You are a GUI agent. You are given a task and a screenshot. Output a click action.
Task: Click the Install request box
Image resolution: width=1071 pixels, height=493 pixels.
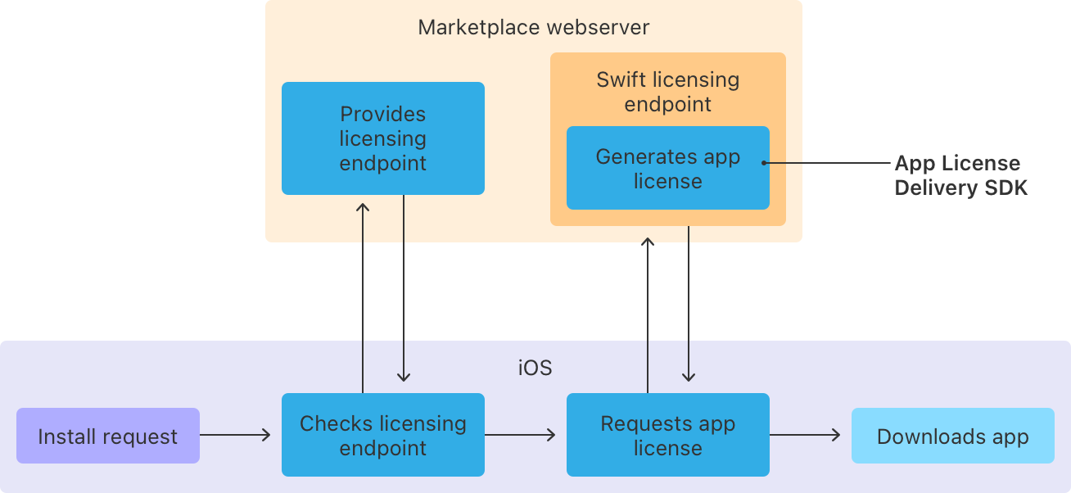(x=107, y=436)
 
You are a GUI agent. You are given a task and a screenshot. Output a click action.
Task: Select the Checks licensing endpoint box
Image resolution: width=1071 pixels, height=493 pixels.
(x=382, y=435)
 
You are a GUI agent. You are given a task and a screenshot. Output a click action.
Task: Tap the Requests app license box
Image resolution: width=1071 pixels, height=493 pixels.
(x=667, y=435)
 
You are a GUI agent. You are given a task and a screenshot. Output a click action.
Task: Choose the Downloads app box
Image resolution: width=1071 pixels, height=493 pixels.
(x=952, y=436)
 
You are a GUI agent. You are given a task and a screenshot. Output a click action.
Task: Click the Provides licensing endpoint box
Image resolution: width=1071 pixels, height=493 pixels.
(x=382, y=138)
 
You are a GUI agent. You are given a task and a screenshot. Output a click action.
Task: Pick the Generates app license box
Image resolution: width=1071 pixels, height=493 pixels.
(x=667, y=168)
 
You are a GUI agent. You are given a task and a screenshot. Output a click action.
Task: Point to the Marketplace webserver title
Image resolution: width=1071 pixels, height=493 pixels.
(x=533, y=27)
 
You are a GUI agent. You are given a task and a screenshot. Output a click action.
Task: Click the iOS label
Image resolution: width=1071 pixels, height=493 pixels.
(x=535, y=368)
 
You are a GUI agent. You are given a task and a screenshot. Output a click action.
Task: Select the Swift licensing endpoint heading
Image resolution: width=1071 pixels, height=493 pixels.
(x=667, y=92)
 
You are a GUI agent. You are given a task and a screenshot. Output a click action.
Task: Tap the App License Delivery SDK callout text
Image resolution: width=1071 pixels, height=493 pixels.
(x=960, y=175)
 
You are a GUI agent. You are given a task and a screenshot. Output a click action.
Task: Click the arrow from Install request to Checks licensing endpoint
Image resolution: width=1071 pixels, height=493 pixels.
(x=235, y=436)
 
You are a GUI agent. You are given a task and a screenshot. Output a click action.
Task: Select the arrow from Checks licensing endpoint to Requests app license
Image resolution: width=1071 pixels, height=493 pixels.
(x=520, y=436)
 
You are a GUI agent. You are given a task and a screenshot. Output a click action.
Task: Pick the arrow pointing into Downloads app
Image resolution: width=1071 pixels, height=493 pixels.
(x=805, y=436)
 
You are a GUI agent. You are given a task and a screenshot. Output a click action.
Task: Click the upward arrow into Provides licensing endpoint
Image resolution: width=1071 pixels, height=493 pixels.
(x=363, y=295)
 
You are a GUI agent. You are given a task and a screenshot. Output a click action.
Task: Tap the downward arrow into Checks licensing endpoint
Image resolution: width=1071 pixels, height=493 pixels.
(x=404, y=295)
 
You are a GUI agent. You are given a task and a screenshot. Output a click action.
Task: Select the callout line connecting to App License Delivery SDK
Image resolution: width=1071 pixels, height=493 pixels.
(x=827, y=163)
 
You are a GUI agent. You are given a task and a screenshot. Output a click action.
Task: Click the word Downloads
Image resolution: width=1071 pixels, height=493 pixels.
(x=918, y=436)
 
